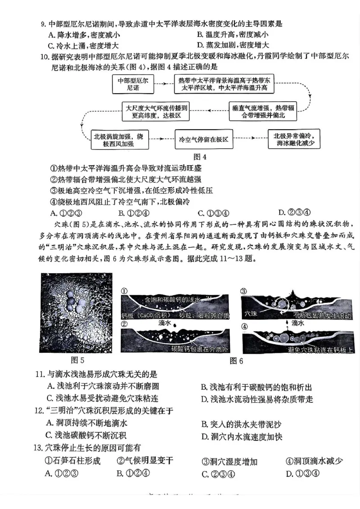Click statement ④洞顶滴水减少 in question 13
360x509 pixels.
pos(314,461)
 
